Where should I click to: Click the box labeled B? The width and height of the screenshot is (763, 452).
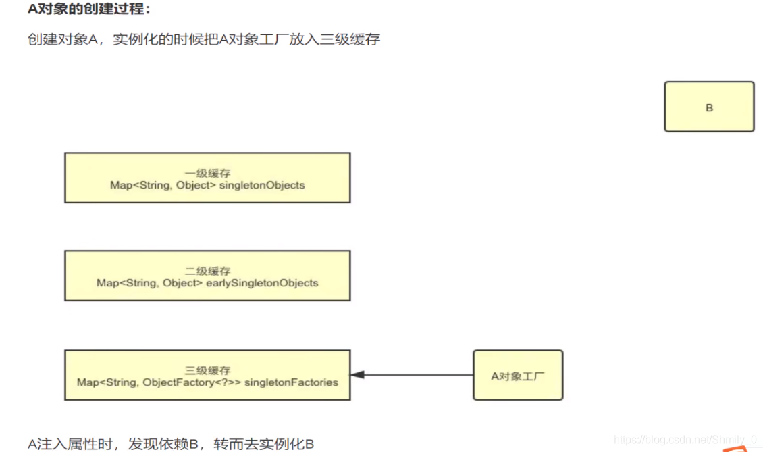tap(709, 107)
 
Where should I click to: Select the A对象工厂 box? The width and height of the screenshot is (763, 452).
tap(517, 375)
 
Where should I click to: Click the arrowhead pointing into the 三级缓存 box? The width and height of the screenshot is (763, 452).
tap(357, 375)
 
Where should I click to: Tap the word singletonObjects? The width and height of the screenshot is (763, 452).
tap(262, 185)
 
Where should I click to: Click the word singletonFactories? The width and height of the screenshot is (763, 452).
tap(291, 382)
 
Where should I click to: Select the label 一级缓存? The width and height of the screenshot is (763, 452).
tap(207, 173)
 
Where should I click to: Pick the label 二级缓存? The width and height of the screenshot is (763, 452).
tap(207, 271)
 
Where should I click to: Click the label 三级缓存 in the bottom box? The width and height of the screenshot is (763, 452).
tap(207, 370)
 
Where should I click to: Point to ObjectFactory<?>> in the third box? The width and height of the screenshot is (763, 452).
tap(192, 382)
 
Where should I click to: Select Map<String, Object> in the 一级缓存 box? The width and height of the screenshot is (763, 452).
tap(163, 185)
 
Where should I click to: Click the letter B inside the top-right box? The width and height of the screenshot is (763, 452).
tap(709, 107)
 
